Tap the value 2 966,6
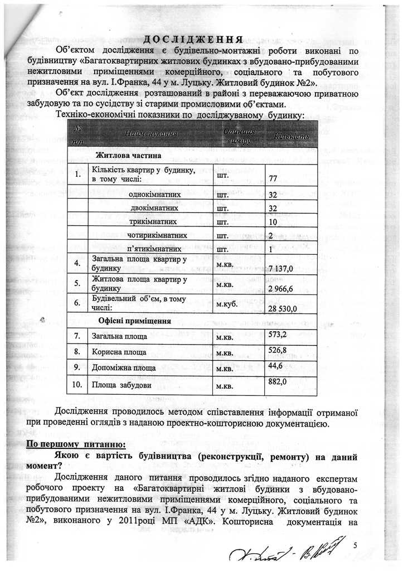tap(281, 289)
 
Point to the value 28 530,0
tap(283, 308)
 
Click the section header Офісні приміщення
tap(134, 321)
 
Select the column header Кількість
tap(291, 136)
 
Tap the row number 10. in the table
tap(77, 384)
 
